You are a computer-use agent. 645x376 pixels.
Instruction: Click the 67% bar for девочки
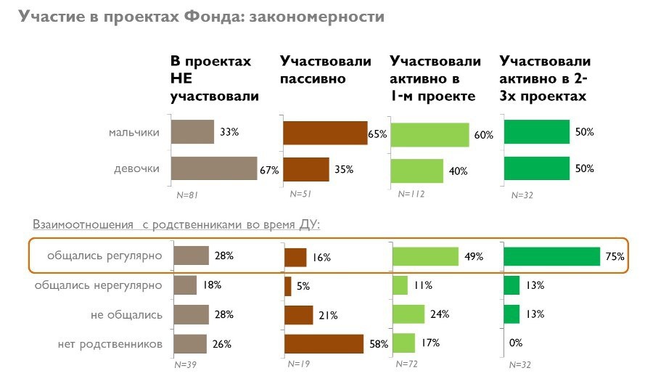click(x=214, y=169)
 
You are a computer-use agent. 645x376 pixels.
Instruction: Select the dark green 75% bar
click(x=551, y=256)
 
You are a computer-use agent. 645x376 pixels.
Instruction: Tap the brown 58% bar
click(x=324, y=343)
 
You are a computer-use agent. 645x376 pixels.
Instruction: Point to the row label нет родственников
click(x=110, y=343)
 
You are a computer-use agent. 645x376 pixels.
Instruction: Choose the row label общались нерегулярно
click(x=99, y=285)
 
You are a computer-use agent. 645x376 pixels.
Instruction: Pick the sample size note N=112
click(x=411, y=194)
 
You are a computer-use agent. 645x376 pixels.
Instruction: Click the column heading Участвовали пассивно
click(x=325, y=70)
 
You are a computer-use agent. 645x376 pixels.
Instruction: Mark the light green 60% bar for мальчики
click(x=430, y=134)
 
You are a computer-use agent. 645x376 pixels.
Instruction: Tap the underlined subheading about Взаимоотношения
click(x=176, y=225)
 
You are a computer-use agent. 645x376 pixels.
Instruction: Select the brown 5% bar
click(x=288, y=286)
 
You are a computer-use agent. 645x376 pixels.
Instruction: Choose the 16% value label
click(x=322, y=257)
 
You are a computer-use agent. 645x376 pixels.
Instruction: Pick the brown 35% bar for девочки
click(x=305, y=169)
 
